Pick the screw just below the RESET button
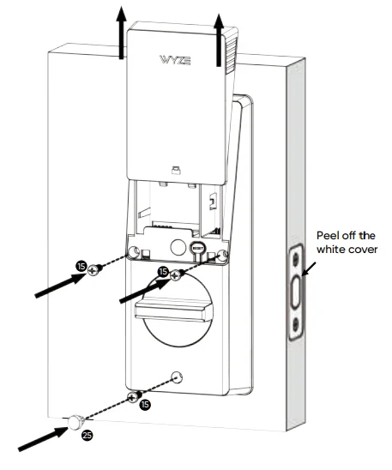click(x=174, y=274)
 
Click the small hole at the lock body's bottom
click(x=176, y=375)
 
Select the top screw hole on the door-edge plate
click(x=296, y=257)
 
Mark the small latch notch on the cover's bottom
click(x=174, y=169)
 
